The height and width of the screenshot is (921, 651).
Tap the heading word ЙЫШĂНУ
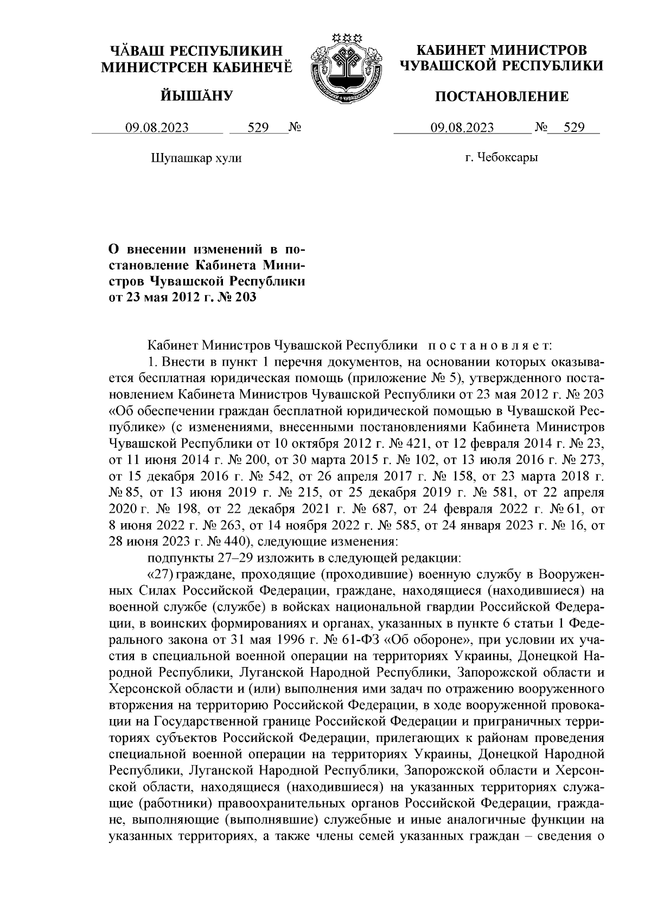click(197, 97)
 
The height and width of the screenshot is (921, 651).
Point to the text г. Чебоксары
click(501, 158)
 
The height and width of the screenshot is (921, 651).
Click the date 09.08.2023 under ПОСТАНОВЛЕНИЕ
click(462, 128)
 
